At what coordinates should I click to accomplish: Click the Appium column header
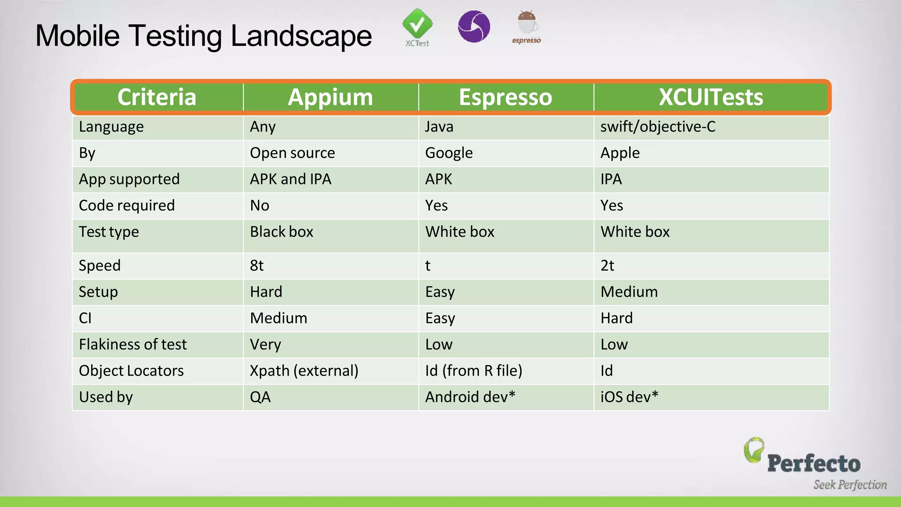[330, 97]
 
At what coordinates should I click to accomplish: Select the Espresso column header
[505, 97]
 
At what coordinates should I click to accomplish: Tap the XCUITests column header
[711, 97]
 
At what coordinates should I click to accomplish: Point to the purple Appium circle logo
[474, 26]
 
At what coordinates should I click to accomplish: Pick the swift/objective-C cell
[658, 127]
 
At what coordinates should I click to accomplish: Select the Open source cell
[292, 153]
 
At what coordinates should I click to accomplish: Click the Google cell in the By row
[449, 153]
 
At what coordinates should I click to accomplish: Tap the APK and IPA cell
[290, 179]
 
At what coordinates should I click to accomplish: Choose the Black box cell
[282, 232]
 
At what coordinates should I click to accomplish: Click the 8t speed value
[256, 266]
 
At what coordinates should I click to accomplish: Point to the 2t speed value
[607, 266]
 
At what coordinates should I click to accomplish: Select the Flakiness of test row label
[132, 345]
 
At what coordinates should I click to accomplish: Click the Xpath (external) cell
[304, 371]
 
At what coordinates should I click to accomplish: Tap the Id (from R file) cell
[473, 371]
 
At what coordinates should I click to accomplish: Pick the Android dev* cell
[470, 397]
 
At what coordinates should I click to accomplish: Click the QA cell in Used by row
[260, 397]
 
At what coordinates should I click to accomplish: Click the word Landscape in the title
[301, 36]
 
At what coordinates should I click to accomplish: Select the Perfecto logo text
[813, 464]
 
